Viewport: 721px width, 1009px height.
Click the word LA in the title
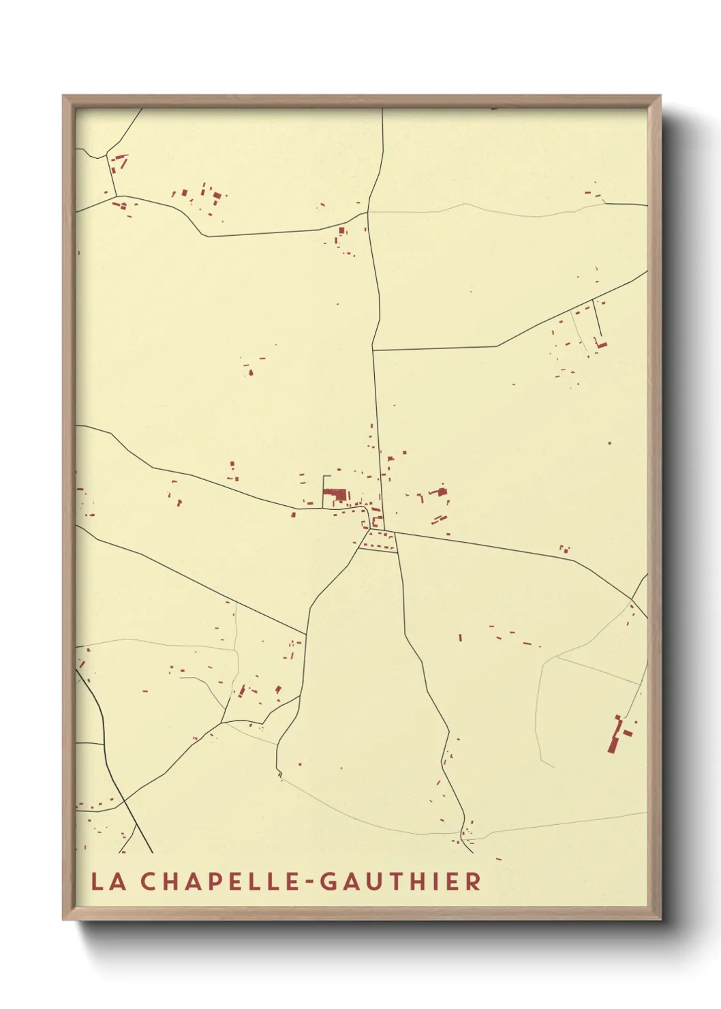[108, 882]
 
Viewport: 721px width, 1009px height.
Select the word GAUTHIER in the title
[400, 882]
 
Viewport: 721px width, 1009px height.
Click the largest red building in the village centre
[334, 493]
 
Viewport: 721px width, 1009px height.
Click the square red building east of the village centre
[442, 491]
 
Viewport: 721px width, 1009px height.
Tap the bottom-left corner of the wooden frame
[64, 920]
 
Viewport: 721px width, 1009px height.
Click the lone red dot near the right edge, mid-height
[609, 443]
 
